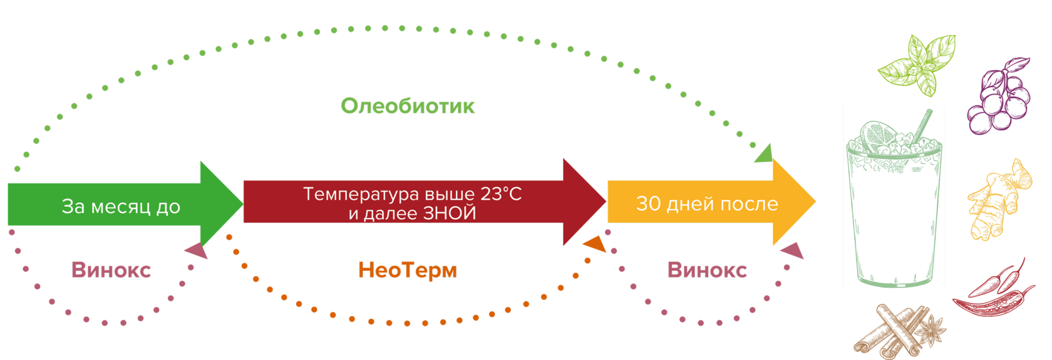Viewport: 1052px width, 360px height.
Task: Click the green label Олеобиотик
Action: (x=408, y=106)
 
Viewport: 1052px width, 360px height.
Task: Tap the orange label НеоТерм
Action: (x=408, y=270)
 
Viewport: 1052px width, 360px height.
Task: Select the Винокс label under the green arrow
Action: (x=111, y=270)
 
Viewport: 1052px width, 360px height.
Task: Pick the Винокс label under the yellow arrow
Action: (x=707, y=270)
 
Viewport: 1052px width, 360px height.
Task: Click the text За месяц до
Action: (x=121, y=206)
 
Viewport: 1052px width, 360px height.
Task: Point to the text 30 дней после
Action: (x=707, y=203)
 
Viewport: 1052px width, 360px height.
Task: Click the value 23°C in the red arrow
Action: (x=501, y=194)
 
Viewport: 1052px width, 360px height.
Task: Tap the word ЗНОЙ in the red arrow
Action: (x=450, y=213)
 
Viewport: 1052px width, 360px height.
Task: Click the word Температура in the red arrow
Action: (x=358, y=194)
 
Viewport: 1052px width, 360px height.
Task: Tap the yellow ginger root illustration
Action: (x=997, y=200)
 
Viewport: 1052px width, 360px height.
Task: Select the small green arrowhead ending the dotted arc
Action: (x=763, y=154)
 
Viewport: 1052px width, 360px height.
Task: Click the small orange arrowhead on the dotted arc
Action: (x=595, y=244)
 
